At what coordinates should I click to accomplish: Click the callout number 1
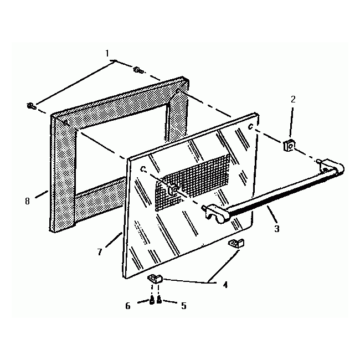click(x=107, y=53)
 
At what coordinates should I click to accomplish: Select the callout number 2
click(x=293, y=100)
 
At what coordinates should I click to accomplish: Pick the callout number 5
click(x=183, y=305)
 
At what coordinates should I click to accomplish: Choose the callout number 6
click(x=128, y=305)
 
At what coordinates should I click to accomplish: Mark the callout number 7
click(x=100, y=252)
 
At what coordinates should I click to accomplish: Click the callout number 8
click(x=27, y=200)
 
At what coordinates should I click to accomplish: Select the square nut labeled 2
click(x=287, y=146)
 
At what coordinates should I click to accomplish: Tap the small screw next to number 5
click(x=160, y=301)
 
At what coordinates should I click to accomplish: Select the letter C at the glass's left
click(x=143, y=168)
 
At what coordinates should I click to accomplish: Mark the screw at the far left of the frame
click(x=30, y=106)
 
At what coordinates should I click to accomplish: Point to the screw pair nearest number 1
click(x=137, y=70)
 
